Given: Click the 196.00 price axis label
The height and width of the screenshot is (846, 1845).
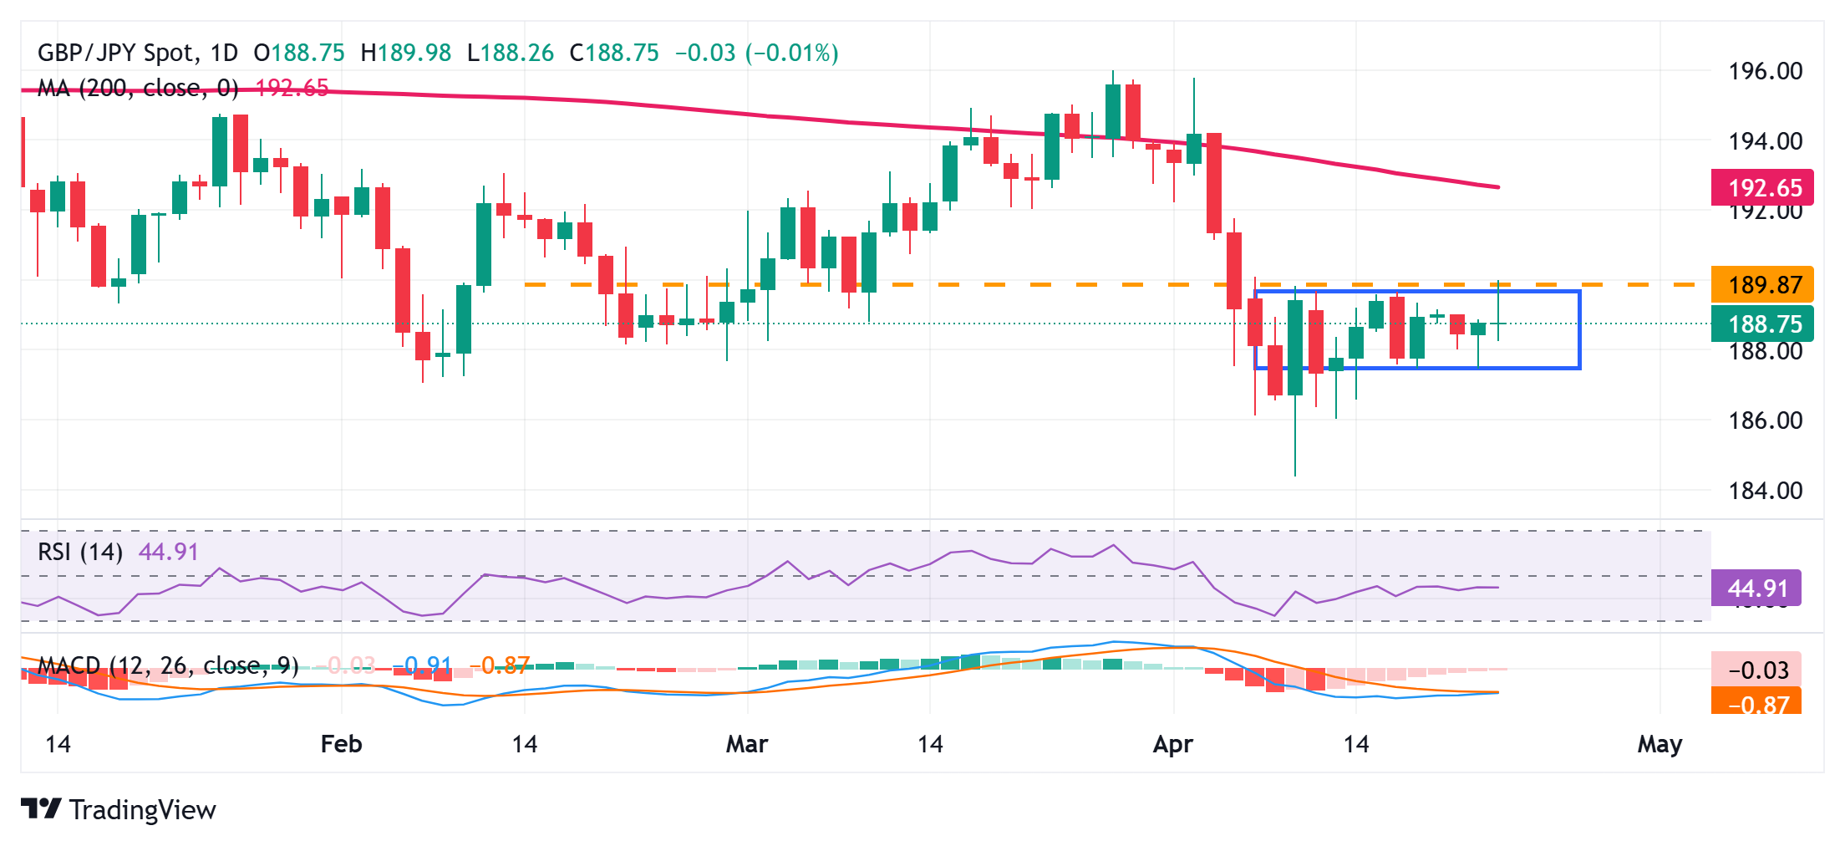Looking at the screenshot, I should click(x=1765, y=71).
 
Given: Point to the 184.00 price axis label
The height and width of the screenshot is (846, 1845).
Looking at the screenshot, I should click(x=1765, y=491).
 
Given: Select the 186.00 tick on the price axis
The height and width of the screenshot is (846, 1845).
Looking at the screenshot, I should click(x=1765, y=420).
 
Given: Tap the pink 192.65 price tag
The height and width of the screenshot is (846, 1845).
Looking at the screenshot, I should click(x=1763, y=187).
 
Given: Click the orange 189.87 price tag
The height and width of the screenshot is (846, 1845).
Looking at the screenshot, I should click(x=1763, y=285).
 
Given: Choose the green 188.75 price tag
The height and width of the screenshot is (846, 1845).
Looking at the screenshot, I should click(x=1763, y=324).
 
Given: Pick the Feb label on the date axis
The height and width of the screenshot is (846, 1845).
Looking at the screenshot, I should click(x=341, y=744).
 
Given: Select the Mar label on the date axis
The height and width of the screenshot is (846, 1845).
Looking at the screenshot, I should click(x=746, y=744).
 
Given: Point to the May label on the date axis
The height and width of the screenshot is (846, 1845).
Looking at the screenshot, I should click(x=1659, y=744).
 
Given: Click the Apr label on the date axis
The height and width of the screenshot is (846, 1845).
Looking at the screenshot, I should click(x=1172, y=744).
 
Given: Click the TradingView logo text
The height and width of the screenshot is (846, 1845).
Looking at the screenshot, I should click(x=142, y=810).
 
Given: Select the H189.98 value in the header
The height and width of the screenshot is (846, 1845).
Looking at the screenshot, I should click(x=406, y=54).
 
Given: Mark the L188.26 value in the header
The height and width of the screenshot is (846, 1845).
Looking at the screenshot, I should click(x=511, y=54).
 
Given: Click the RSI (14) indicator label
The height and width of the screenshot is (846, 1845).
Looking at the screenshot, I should click(x=80, y=553).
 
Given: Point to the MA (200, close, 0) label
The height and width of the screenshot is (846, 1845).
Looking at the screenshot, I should click(x=138, y=88).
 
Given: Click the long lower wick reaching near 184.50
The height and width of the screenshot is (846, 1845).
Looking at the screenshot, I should click(x=1295, y=443).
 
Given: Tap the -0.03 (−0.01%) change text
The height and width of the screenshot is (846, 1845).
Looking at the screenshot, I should click(x=756, y=54).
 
